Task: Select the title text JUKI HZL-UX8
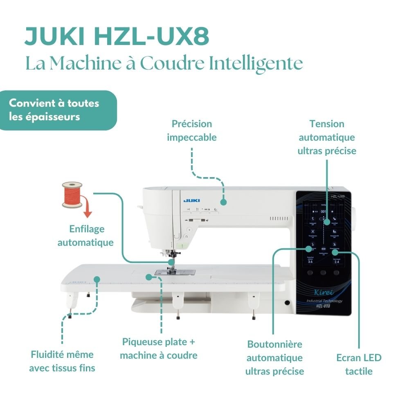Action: (117, 37)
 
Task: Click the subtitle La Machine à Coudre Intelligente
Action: (164, 63)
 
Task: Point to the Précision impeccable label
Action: (192, 130)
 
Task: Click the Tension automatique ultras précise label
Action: (327, 137)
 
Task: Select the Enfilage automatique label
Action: (86, 236)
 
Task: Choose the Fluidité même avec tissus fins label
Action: (62, 361)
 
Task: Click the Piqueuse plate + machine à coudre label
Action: (159, 348)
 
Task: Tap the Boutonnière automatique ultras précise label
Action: (274, 357)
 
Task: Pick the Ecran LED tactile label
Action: (359, 364)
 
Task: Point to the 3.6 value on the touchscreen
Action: (310, 262)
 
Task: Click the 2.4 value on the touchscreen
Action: (337, 262)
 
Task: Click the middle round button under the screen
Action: (323, 272)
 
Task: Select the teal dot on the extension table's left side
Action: (97, 279)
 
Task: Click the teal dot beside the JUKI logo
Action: (223, 202)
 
